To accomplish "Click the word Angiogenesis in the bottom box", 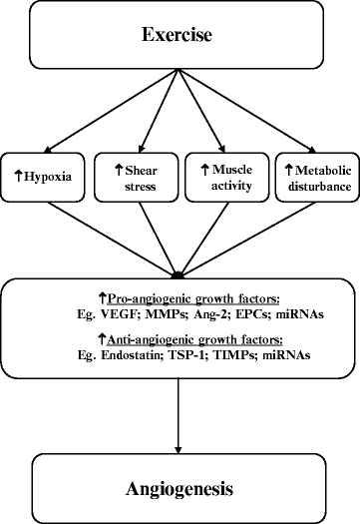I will point(180,489).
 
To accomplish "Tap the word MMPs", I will point(166,312).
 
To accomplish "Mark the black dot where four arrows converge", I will point(179,272).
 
